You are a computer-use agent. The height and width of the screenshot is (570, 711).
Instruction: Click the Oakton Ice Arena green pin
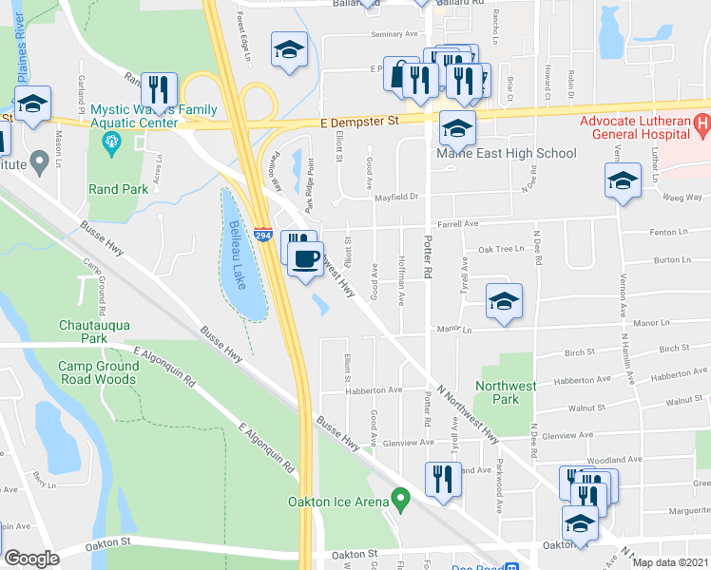401,497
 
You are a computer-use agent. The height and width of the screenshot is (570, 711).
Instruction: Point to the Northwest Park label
507,392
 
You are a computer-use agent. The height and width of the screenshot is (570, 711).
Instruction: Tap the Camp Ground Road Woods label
96,372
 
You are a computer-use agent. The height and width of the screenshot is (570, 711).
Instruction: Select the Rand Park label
117,189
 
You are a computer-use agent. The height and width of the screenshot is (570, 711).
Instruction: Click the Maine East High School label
506,153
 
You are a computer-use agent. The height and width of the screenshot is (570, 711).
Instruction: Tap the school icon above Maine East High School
457,125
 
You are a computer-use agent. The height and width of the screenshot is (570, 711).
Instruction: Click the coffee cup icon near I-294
305,257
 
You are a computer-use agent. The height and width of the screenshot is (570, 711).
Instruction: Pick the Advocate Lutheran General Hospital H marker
702,124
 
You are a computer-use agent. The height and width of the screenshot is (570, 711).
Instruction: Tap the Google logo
31,559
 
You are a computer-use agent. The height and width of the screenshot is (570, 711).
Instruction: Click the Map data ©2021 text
671,562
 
